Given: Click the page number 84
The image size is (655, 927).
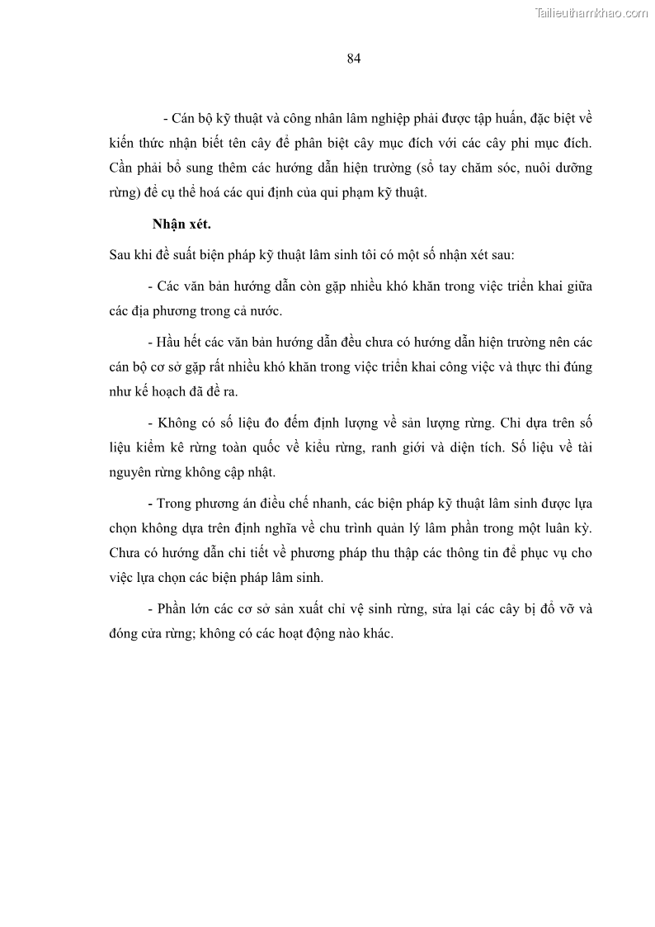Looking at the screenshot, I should (354, 58).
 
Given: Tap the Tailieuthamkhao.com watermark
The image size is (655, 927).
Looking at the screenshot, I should (591, 12).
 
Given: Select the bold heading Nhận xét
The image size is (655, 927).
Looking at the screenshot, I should (182, 224).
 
